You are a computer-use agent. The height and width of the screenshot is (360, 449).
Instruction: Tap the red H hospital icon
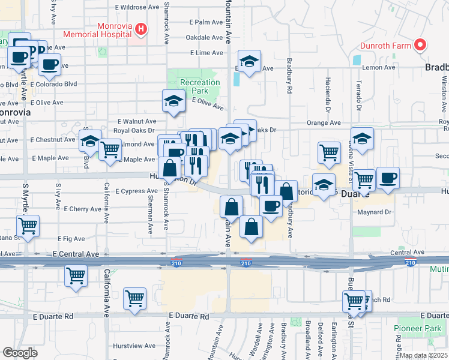point(140,28)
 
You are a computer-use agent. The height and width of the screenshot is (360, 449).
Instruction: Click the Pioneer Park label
point(417,328)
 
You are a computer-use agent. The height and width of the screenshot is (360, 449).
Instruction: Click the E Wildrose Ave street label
point(137,7)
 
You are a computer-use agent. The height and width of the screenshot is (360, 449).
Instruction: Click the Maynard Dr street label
point(375,212)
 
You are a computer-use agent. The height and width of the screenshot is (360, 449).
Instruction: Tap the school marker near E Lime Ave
point(249,61)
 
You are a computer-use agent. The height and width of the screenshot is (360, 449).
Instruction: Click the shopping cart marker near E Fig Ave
point(28,226)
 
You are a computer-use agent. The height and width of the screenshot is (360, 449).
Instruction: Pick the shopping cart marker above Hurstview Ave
point(135,298)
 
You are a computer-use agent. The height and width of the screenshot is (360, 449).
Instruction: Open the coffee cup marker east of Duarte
point(388,178)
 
